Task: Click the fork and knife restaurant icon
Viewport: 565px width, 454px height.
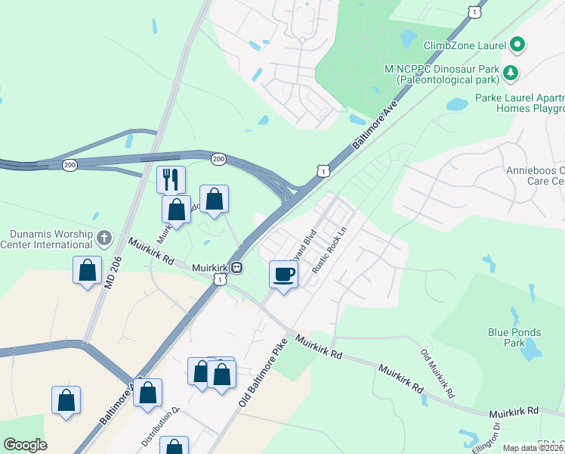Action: pyautogui.click(x=171, y=179)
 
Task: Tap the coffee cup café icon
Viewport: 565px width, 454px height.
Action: pyautogui.click(x=284, y=273)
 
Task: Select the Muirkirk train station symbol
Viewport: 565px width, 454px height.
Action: pyautogui.click(x=236, y=266)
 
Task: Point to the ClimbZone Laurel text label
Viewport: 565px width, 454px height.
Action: pyautogui.click(x=465, y=45)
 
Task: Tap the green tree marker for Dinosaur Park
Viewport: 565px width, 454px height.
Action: pyautogui.click(x=511, y=73)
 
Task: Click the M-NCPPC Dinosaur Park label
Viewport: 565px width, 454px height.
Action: pyautogui.click(x=442, y=73)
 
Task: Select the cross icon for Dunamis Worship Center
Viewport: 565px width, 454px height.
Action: pyautogui.click(x=104, y=238)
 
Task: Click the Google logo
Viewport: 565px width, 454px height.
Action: pyautogui.click(x=25, y=445)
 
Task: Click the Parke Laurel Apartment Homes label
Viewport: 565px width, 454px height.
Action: pyautogui.click(x=520, y=103)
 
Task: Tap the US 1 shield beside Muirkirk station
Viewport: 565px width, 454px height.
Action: pyautogui.click(x=219, y=280)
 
